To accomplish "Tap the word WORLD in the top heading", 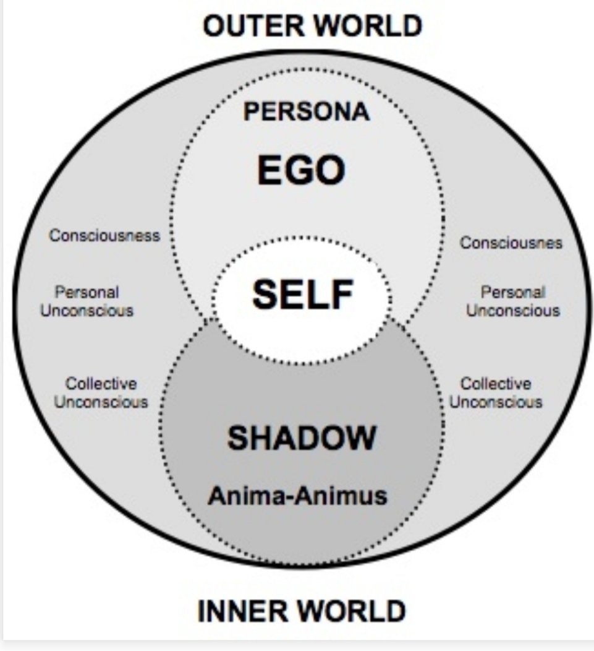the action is pos(368,26).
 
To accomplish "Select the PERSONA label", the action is pos(306,111).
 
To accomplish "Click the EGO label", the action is pos(301,170).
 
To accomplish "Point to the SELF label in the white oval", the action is pos(303,294).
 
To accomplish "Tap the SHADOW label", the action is pos(302,438).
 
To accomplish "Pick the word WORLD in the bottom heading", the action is pos(352,611).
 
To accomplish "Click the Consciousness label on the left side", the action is pos(104,235).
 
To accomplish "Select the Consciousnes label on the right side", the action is pos(511,243).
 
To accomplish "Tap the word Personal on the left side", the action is pos(87,292).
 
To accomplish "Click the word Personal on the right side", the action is pos(512,292).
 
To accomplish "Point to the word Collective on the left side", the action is pos(101,383).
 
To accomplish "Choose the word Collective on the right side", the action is pos(496,383).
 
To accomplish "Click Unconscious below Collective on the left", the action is pos(101,402).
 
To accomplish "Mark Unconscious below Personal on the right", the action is pos(513,311).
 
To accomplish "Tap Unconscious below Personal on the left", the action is pos(87,311).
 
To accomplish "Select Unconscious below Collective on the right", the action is pos(496,402).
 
